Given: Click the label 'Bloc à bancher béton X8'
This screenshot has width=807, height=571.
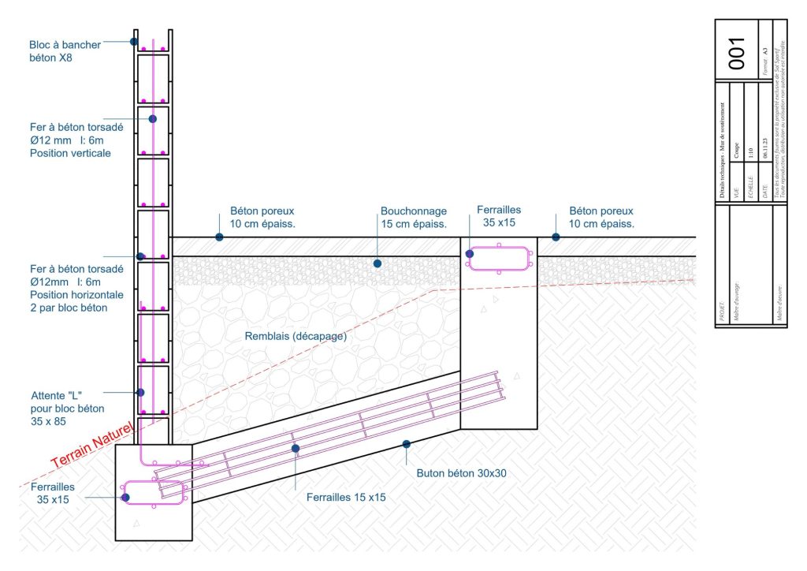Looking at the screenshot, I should coord(65,51).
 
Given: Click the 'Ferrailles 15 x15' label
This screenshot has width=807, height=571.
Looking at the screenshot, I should coord(347,497).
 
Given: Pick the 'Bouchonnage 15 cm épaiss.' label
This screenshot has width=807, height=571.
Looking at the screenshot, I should coord(414,218).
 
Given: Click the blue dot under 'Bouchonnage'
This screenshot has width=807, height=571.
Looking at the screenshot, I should coord(377,263).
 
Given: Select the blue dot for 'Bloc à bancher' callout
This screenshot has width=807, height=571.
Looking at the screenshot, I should coord(134,41).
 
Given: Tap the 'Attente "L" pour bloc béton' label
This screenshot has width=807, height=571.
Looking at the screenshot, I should coord(67,408).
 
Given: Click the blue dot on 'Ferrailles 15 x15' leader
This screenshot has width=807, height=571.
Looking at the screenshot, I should coord(296,449).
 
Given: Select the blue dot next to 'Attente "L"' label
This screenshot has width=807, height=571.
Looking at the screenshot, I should coord(141,392).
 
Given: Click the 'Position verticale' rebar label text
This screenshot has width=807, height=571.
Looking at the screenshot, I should coord(70,153).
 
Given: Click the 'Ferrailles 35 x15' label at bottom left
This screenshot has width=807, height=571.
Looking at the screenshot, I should coord(52,493).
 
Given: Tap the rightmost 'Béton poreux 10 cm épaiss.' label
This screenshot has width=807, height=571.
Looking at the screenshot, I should coord(601,218).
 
